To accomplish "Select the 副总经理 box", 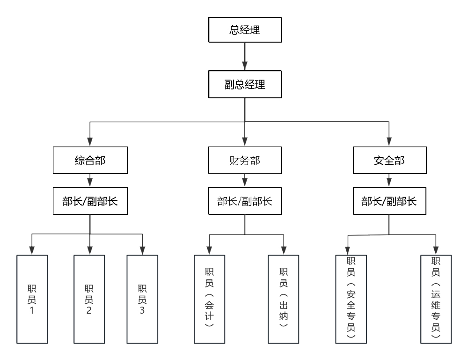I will pyautogui.click(x=245, y=85).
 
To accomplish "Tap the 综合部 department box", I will pyautogui.click(x=89, y=161).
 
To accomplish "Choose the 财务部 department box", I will pyautogui.click(x=245, y=161).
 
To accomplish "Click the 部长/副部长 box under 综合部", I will pyautogui.click(x=89, y=201).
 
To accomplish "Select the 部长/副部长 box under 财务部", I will pyautogui.click(x=245, y=201).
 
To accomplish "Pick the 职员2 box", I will pyautogui.click(x=88, y=299).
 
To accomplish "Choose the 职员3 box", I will pyautogui.click(x=142, y=299).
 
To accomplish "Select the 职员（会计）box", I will pyautogui.click(x=209, y=299).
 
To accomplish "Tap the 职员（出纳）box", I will pyautogui.click(x=283, y=299).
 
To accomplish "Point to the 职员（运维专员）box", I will pyautogui.click(x=436, y=298).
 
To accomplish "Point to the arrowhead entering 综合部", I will pyautogui.click(x=89, y=142).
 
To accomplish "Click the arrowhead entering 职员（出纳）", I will pyautogui.click(x=283, y=250).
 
